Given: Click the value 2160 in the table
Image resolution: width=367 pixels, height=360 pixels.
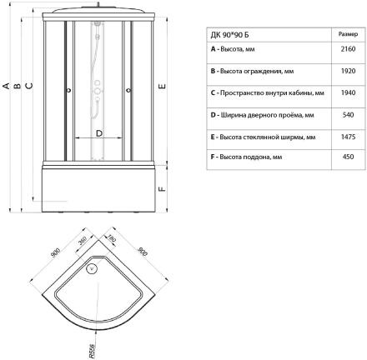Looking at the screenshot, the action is click(348, 49).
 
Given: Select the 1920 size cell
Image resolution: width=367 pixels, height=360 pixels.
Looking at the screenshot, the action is click(348, 71).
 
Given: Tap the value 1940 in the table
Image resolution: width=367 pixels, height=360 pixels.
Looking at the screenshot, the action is click(348, 92).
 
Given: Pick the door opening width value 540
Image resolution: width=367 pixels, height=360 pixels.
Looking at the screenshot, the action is click(348, 115).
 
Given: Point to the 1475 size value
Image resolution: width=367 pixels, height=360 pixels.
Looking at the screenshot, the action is click(348, 137).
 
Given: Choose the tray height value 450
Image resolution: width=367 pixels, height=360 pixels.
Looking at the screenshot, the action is click(348, 157).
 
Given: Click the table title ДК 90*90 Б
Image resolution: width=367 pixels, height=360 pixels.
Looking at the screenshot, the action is click(229, 35).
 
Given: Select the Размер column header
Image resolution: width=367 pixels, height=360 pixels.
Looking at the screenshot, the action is click(348, 34).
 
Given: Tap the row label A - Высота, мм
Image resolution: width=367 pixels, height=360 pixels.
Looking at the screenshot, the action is click(233, 49).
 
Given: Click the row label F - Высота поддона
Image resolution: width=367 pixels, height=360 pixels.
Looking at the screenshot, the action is click(246, 157).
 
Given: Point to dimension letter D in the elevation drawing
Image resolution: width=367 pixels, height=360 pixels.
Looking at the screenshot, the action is click(99, 133).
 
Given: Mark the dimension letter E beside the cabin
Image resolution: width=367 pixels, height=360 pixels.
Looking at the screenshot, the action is click(162, 86).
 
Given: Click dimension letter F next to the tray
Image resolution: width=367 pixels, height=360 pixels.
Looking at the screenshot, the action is click(162, 189).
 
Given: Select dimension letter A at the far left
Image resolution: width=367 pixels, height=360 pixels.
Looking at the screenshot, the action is click(6, 86).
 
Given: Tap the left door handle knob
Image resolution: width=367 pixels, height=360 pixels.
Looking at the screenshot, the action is click(68, 90).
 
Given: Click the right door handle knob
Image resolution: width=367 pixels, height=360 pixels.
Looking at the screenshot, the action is click(128, 90).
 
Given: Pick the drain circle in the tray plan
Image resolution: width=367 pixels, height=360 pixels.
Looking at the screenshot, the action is click(92, 268).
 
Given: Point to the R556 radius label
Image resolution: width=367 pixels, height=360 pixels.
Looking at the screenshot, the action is click(92, 351).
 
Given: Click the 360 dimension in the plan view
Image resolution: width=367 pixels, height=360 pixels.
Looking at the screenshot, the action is click(83, 241).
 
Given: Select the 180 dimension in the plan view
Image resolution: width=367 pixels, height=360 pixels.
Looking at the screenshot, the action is click(111, 238).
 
